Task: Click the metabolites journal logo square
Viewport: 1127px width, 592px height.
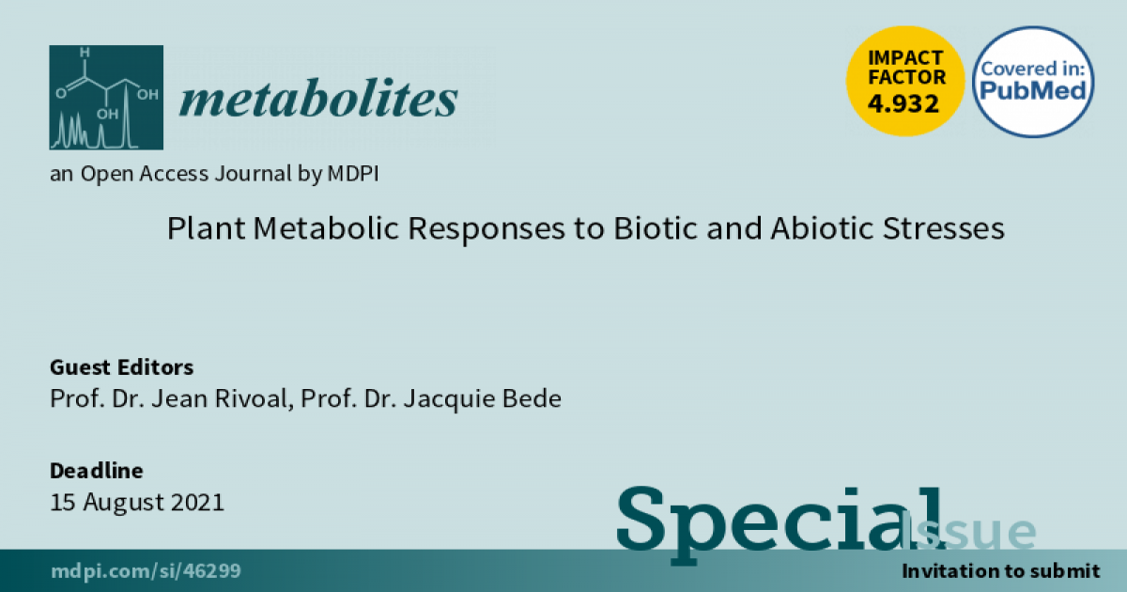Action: click(106, 98)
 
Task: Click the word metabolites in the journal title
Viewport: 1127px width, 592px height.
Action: click(318, 98)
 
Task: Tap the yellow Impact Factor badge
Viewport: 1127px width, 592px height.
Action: click(905, 81)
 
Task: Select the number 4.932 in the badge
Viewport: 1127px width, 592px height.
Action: click(903, 103)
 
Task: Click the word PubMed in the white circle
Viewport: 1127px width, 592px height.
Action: click(1032, 90)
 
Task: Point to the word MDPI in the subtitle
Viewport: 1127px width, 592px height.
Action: click(353, 174)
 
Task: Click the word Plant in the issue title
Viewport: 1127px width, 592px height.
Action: click(207, 228)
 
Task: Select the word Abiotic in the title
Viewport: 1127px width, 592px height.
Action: click(822, 228)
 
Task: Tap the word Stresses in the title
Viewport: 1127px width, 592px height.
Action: click(944, 228)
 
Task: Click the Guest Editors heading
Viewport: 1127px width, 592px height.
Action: click(121, 367)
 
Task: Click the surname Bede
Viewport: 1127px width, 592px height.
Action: click(532, 398)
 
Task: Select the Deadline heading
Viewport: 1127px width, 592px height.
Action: click(96, 471)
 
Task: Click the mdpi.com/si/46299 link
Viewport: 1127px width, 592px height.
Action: click(146, 571)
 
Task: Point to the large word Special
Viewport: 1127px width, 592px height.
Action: click(780, 523)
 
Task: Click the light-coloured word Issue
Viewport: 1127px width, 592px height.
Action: click(968, 531)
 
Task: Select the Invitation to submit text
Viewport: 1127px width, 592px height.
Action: click(1001, 571)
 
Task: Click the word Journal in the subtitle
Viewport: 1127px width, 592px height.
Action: click(253, 174)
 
